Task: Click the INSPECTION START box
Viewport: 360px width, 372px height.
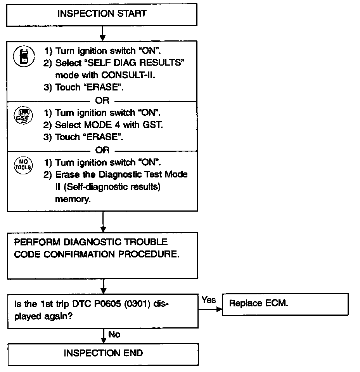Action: tap(102, 14)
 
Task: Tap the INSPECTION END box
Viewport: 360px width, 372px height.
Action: tap(103, 353)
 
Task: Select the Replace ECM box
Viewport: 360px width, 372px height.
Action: tap(285, 304)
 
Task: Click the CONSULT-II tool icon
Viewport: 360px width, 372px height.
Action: tap(24, 56)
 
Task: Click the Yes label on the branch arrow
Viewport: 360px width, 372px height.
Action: tap(209, 300)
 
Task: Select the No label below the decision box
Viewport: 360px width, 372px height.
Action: tap(114, 334)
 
